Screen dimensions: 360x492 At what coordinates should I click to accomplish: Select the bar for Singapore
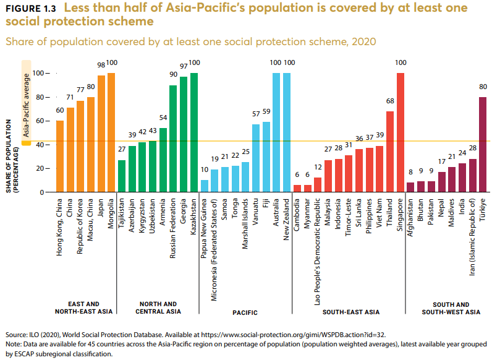pos(400,133)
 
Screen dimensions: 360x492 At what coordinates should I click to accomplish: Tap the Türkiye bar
pos(482,145)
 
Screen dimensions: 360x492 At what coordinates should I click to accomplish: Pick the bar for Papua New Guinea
pos(205,186)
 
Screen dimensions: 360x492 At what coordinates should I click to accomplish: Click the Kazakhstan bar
pos(194,133)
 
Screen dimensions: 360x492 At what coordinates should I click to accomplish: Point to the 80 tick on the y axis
pos(40,97)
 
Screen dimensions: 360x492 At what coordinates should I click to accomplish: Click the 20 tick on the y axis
pos(40,168)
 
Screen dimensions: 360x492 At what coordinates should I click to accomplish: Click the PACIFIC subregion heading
pos(245,313)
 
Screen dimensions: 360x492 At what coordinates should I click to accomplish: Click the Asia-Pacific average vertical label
pos(26,104)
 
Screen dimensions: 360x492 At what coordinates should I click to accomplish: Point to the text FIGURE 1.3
pos(31,8)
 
